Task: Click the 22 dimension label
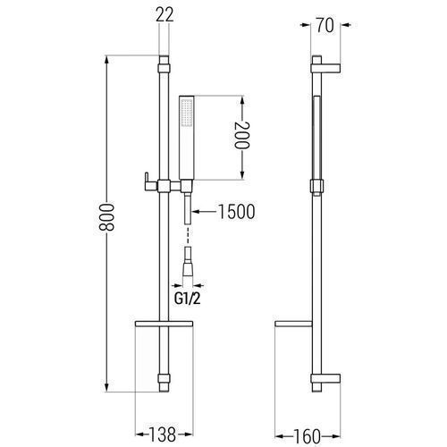tap(164, 14)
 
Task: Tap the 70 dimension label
tap(325, 26)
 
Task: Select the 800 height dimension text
tap(107, 218)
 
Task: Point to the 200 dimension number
tap(241, 135)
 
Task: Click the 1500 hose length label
tap(237, 212)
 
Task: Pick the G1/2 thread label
tap(188, 299)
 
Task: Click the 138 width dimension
tap(162, 434)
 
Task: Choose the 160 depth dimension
tap(306, 436)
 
